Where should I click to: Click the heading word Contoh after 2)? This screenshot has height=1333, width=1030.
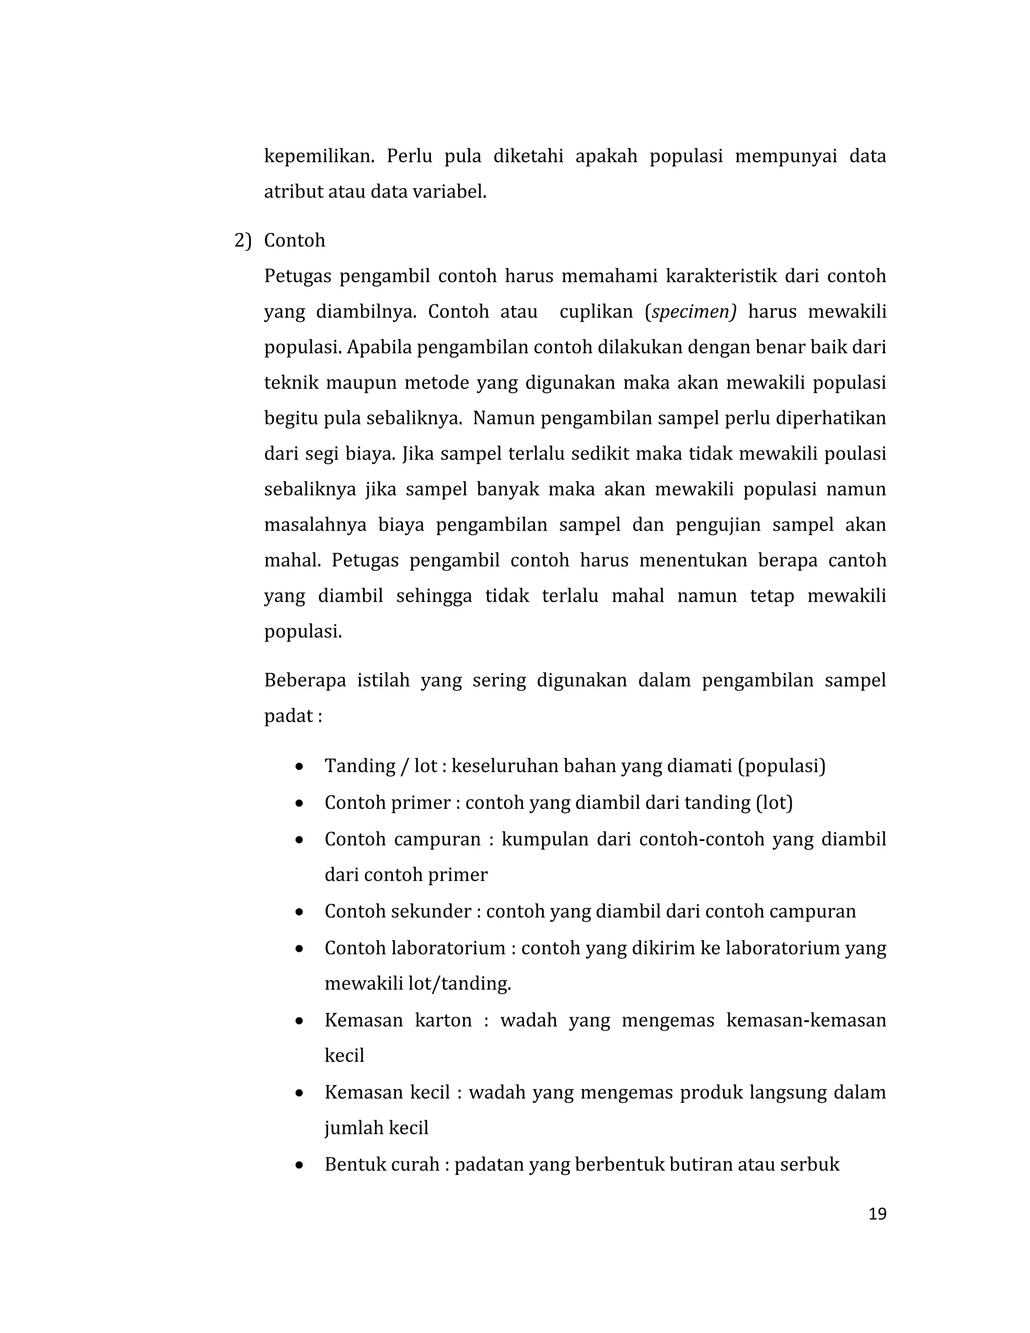294,240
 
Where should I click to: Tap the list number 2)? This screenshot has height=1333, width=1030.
242,240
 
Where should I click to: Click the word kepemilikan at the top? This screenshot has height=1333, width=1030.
318,156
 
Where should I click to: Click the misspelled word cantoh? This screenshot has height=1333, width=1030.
856,560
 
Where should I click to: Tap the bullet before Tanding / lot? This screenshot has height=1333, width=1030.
299,767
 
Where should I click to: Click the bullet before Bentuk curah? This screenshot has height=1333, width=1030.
299,1165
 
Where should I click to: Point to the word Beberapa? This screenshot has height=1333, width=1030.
305,680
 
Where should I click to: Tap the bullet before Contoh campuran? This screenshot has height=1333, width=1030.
299,840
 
